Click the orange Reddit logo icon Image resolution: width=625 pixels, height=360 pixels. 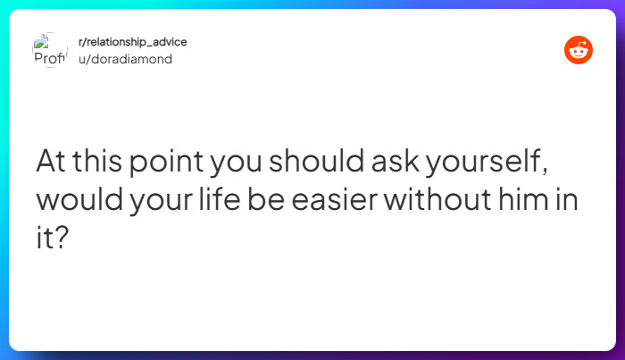[579, 50]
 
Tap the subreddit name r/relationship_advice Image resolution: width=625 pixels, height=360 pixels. [132, 43]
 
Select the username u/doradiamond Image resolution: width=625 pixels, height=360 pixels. [125, 59]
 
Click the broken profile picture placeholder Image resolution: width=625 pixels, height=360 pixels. [50, 50]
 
